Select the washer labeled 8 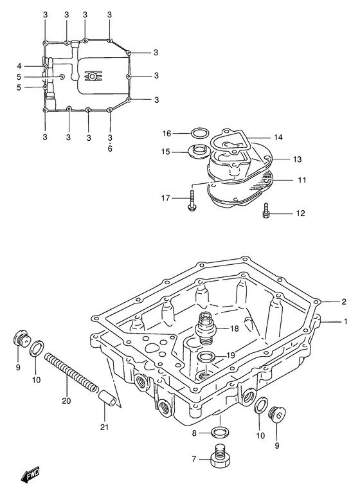click(x=221, y=432)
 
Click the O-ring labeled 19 click(x=206, y=357)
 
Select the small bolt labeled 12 click(x=267, y=211)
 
